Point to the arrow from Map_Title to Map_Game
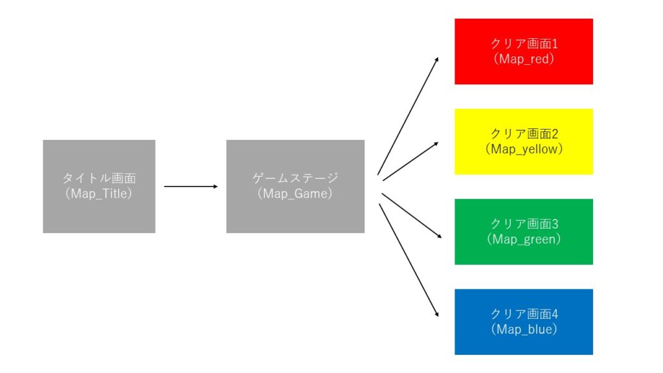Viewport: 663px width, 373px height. pos(191,186)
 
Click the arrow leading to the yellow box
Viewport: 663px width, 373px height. pos(410,161)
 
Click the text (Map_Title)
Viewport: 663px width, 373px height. pos(99,193)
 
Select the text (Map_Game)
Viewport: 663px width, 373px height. pos(295,193)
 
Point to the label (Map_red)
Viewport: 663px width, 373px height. pos(524,58)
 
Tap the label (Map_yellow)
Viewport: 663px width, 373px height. pos(524,148)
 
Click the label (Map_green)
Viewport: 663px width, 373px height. pos(524,239)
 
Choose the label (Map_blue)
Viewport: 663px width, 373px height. pos(524,329)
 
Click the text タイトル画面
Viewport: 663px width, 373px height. pos(99,178)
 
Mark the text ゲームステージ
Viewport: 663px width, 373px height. pos(295,178)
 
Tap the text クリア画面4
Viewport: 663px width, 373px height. pos(524,314)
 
